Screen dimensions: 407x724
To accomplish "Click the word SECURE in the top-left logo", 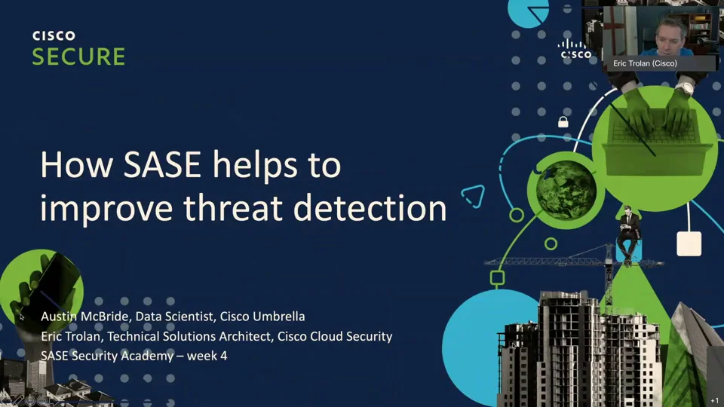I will click(x=78, y=57).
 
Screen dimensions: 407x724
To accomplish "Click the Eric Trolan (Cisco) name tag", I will click(x=645, y=64).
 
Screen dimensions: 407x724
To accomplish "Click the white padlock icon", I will click(x=563, y=121).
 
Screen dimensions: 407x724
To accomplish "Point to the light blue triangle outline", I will click(x=472, y=195).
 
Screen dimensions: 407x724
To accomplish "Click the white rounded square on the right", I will click(x=689, y=244).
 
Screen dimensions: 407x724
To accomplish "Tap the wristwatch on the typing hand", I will click(x=683, y=87).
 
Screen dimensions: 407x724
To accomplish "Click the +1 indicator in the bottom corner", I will click(x=714, y=401).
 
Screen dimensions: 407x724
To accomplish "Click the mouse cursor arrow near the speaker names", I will click(x=23, y=317).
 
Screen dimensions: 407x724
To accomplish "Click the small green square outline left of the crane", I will click(x=498, y=277).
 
